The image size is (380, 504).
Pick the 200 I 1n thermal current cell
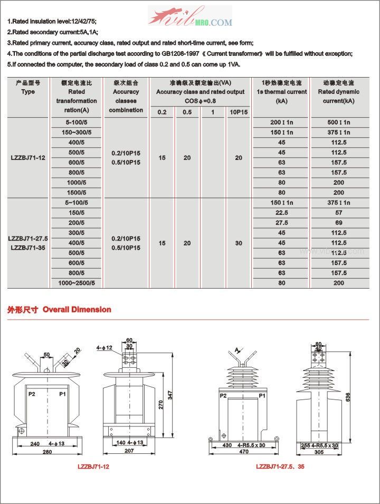click(x=281, y=122)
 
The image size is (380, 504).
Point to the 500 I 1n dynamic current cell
click(x=339, y=122)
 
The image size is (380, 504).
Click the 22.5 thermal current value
click(x=281, y=213)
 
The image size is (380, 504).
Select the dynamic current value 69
click(x=339, y=223)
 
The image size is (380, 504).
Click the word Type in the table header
click(x=28, y=92)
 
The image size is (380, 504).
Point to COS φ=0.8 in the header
click(x=201, y=101)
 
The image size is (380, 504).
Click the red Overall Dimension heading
click(x=77, y=310)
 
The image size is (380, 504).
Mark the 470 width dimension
click(x=243, y=452)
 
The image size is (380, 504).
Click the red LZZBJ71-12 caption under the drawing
click(x=93, y=467)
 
